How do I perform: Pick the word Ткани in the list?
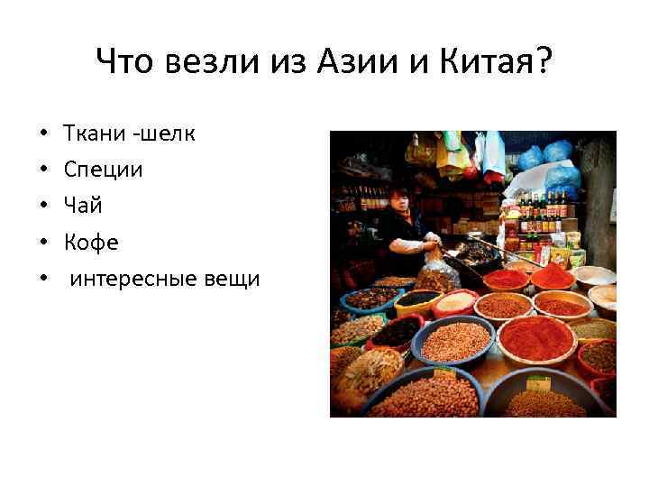coord(94,133)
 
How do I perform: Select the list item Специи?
coord(103,170)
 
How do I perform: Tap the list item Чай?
coord(83,206)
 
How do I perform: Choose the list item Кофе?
coord(91,243)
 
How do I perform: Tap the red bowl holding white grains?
coord(456,302)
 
